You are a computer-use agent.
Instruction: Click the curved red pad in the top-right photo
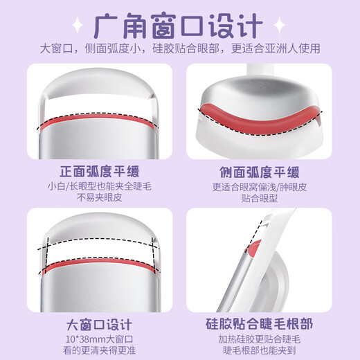coord(260,119)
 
